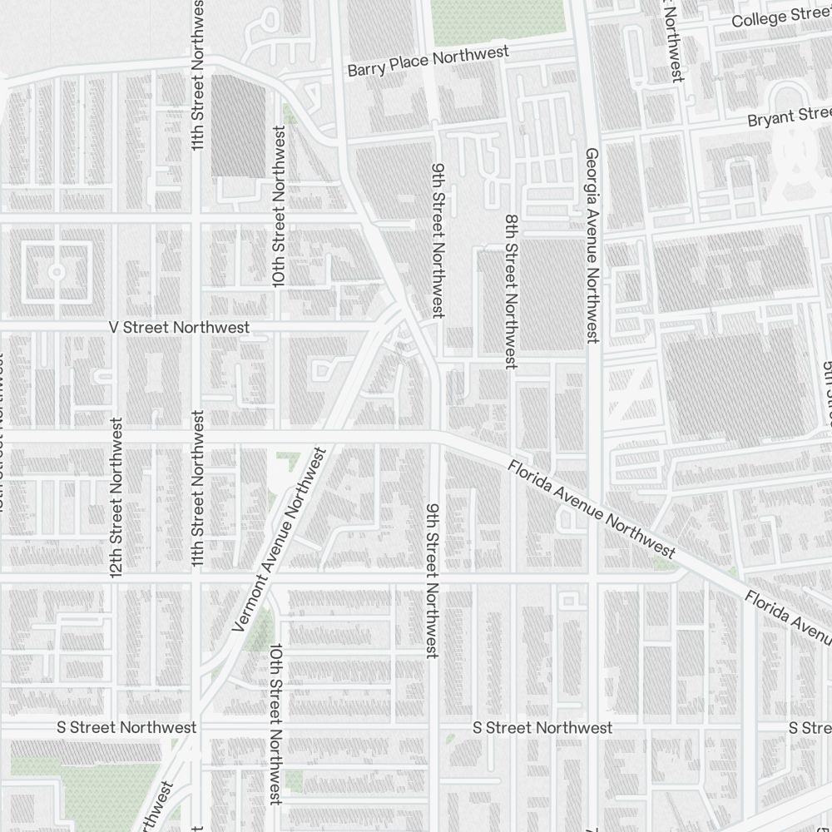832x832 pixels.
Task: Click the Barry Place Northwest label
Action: pos(428,62)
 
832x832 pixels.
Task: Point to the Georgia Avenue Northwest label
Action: pos(592,245)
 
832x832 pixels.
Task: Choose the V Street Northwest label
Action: pos(179,328)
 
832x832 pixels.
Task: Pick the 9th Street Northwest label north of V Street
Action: pos(438,239)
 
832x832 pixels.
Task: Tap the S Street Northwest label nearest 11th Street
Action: pos(126,727)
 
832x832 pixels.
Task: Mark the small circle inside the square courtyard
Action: pos(57,271)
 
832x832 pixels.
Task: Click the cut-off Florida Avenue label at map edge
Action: pos(787,617)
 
